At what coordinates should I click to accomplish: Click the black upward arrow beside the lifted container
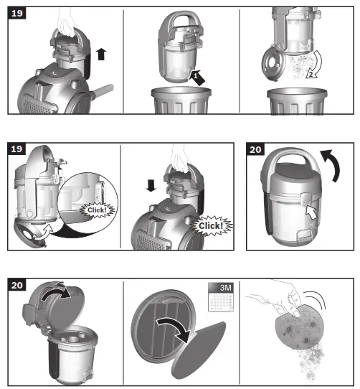[101, 54]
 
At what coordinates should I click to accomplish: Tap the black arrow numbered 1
[197, 78]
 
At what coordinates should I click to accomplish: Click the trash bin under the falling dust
[297, 101]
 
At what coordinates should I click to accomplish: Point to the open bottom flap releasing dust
[273, 64]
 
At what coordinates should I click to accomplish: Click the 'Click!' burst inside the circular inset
[98, 210]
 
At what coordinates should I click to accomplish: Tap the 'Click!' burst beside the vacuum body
[211, 225]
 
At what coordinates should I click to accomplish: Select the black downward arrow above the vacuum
[151, 185]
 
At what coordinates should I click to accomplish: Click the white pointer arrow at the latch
[311, 212]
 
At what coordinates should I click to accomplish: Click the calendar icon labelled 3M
[221, 297]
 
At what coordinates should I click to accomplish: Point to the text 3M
[225, 288]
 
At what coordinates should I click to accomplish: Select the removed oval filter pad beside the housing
[199, 350]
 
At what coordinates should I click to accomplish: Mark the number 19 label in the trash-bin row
[16, 13]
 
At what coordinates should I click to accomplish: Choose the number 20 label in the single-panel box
[255, 149]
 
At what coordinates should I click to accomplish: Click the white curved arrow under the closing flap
[44, 233]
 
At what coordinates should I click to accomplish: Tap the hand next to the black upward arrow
[66, 23]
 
